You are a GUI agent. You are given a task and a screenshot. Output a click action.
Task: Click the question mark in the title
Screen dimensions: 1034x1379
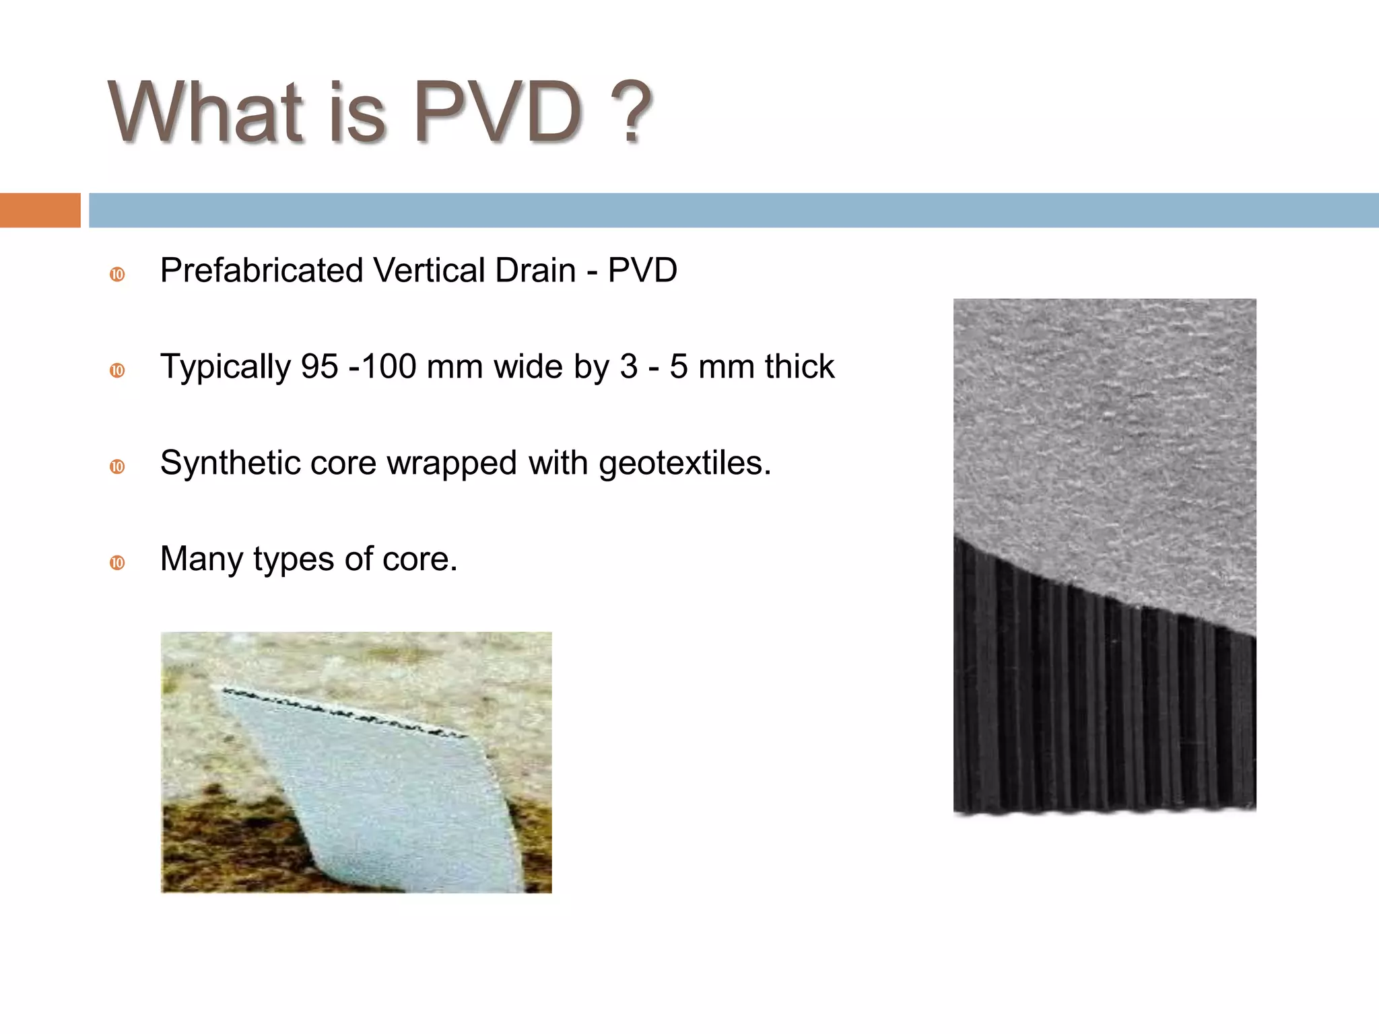coord(630,112)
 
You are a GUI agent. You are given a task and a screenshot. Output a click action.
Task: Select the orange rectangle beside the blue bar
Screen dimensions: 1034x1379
coord(40,210)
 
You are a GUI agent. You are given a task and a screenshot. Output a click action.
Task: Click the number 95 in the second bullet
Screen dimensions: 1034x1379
coord(319,367)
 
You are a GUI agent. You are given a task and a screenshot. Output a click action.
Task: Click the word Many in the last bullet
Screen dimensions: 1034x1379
coord(201,559)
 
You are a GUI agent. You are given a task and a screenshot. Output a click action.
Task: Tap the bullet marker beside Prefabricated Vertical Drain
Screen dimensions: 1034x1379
coord(117,275)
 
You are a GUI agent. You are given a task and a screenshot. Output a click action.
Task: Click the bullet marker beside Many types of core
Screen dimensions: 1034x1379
coord(117,563)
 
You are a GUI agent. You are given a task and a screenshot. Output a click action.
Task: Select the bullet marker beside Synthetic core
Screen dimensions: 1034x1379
coord(117,467)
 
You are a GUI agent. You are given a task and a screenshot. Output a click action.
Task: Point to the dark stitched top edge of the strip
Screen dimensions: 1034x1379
coord(343,711)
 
